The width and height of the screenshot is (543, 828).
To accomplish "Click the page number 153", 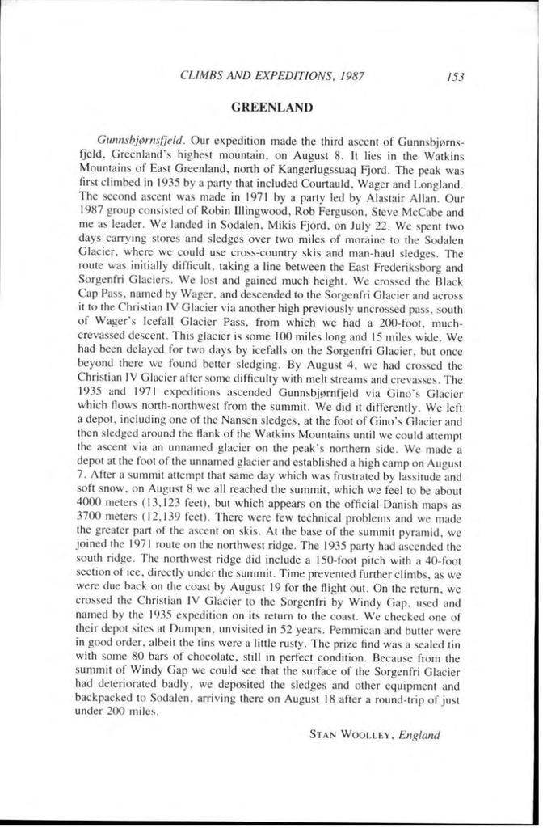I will coord(454,78).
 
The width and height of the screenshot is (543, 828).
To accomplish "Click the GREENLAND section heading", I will coord(271,106).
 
